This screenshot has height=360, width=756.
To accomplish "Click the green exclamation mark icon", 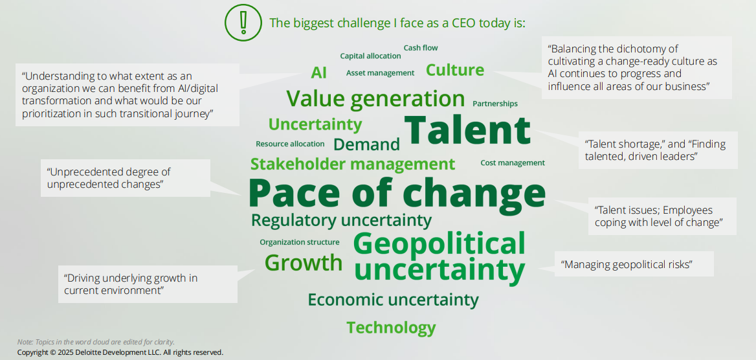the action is pyautogui.click(x=243, y=23).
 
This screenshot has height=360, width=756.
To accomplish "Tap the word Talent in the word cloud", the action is pyautogui.click(x=467, y=130).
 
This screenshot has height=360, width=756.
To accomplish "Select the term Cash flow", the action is pyautogui.click(x=421, y=48).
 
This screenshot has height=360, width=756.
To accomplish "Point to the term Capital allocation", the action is pyautogui.click(x=370, y=56).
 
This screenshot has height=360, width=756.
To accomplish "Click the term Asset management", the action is pyautogui.click(x=380, y=73).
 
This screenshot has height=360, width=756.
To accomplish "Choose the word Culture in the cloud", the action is pyautogui.click(x=454, y=70).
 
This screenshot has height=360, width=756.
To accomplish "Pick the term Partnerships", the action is pyautogui.click(x=495, y=104).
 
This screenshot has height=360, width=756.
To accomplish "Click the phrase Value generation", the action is pyautogui.click(x=375, y=99).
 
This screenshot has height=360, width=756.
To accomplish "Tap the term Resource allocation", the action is pyautogui.click(x=290, y=144).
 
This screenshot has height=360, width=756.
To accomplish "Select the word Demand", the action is pyautogui.click(x=366, y=144).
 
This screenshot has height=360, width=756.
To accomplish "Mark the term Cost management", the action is pyautogui.click(x=513, y=163).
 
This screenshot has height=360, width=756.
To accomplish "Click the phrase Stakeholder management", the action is pyautogui.click(x=353, y=164).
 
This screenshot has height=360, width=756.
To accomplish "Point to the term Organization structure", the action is pyautogui.click(x=300, y=242).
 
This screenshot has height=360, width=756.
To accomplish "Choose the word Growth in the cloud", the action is pyautogui.click(x=304, y=262).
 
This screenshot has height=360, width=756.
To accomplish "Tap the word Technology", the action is pyautogui.click(x=391, y=328).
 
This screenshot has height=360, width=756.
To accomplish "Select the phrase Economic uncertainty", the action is pyautogui.click(x=393, y=300).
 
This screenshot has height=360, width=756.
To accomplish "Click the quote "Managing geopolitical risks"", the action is pyautogui.click(x=627, y=264).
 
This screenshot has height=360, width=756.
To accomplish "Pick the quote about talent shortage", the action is pyautogui.click(x=655, y=150).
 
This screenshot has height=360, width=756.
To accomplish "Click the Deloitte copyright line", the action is pyautogui.click(x=120, y=352).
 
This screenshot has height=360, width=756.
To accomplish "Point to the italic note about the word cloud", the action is pyautogui.click(x=96, y=342).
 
